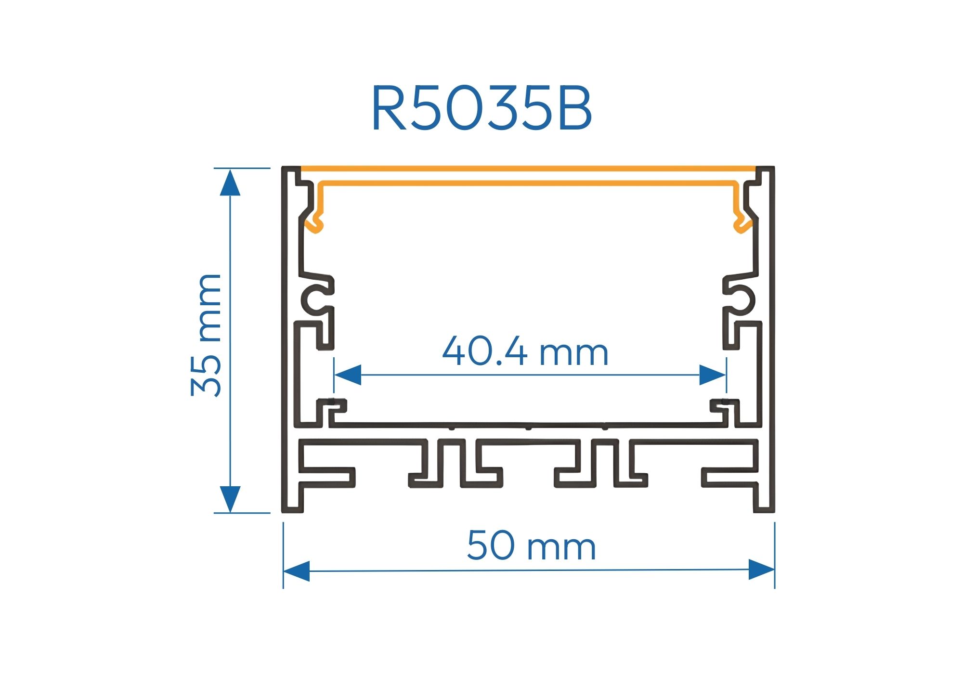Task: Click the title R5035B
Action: (481, 108)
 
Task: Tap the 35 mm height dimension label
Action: (206, 335)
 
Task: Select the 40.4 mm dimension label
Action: (525, 351)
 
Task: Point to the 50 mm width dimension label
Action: (531, 546)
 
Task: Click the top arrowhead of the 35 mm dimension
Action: (230, 183)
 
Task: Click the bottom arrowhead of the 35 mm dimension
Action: (230, 499)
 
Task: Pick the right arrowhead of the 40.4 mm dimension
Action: (713, 375)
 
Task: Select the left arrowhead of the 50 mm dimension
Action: (297, 571)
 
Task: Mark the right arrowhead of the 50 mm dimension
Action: (761, 570)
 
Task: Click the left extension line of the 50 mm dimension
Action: (283, 554)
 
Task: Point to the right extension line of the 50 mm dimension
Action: (775, 554)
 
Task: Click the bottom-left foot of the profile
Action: (293, 501)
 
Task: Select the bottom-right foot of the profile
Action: (764, 501)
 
